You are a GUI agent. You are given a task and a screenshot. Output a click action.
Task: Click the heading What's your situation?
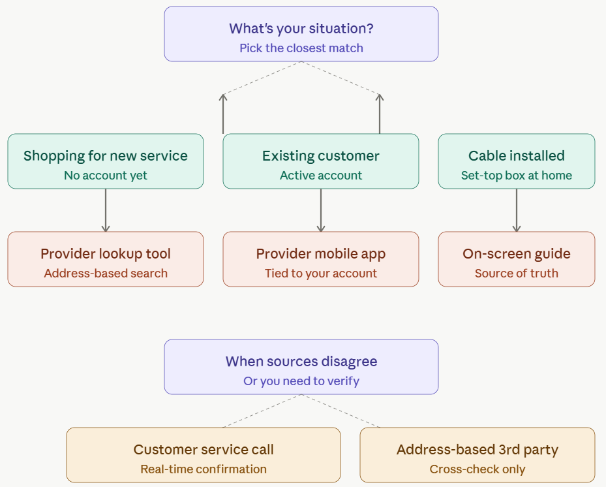point(301,29)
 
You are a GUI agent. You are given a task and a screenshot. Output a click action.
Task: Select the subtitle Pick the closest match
point(301,48)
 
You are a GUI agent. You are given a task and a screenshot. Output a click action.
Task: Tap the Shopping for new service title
point(106,156)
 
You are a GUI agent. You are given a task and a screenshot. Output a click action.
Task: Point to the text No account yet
point(106,176)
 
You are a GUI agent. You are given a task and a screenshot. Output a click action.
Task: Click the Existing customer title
point(321,156)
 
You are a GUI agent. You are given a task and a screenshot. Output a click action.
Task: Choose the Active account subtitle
point(321,176)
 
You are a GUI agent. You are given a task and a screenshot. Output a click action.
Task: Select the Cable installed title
point(517,156)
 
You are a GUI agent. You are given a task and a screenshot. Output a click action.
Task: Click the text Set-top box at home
point(517,176)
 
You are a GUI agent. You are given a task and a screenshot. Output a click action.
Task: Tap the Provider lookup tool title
point(106,254)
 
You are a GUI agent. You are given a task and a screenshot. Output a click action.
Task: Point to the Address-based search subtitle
point(106,274)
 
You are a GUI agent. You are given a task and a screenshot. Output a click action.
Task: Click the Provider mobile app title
point(321,254)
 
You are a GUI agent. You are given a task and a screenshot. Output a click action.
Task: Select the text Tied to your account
point(321,274)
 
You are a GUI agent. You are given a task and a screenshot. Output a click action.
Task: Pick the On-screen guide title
point(517,254)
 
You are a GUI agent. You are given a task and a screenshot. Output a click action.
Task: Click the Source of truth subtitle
point(517,274)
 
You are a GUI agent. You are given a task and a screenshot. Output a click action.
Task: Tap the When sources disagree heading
point(301,362)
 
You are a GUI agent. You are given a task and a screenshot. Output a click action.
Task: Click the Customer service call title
point(204,450)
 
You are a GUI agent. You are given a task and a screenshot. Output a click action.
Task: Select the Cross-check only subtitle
point(477,469)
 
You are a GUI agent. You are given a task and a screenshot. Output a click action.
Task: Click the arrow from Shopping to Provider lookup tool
point(106,210)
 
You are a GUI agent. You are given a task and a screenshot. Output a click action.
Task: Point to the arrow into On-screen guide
point(517,210)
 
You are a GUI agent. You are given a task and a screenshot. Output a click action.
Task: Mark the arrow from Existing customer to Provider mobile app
point(321,210)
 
